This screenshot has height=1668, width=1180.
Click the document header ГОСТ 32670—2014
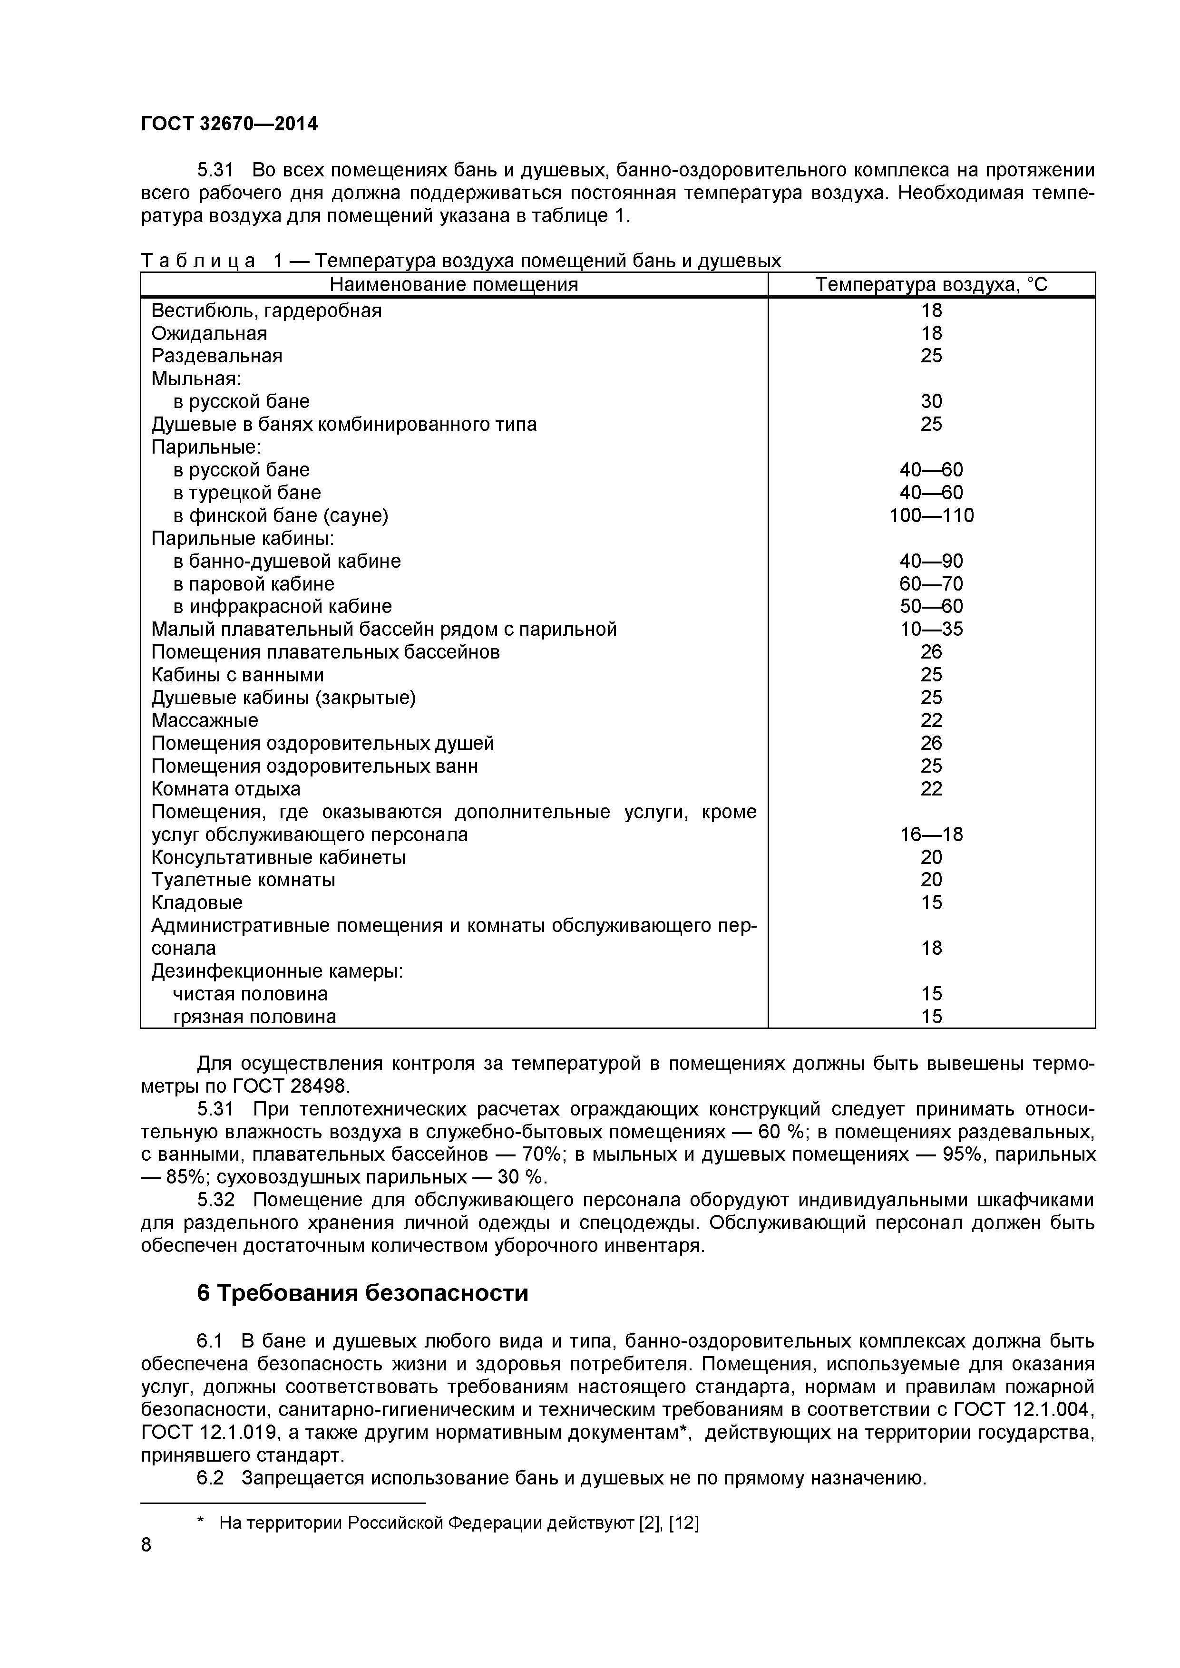[229, 124]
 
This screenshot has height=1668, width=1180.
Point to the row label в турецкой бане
[247, 493]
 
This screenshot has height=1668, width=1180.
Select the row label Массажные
[205, 721]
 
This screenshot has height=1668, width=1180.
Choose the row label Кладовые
[197, 903]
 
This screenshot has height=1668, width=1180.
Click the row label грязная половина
[254, 1017]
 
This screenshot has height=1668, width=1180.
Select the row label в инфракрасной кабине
[283, 607]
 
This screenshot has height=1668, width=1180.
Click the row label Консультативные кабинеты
[278, 857]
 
